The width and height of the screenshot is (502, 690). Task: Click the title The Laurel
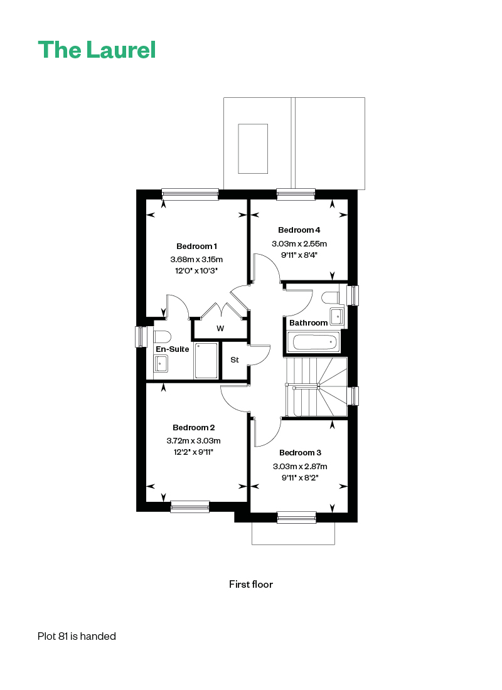97,50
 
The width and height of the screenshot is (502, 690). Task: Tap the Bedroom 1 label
196,247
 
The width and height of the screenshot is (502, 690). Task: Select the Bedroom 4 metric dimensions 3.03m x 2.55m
299,244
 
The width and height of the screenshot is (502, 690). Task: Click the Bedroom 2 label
194,428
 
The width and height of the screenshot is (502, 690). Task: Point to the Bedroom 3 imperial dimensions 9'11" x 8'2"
300,477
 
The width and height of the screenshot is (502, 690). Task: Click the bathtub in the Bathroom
314,342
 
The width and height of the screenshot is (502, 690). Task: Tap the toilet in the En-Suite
162,337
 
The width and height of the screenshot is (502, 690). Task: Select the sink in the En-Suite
161,363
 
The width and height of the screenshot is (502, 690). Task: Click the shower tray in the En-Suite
206,361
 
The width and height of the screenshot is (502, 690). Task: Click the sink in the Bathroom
337,316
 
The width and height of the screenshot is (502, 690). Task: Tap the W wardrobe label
220,328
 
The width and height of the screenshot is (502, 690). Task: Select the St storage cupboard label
235,360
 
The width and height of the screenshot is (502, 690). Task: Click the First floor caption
251,585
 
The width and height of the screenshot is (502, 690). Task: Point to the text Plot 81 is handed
77,636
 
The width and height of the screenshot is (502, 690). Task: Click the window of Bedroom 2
190,506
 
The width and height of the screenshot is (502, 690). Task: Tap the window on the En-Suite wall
141,337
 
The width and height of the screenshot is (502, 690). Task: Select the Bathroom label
308,323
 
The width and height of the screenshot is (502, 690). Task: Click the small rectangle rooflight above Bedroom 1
254,149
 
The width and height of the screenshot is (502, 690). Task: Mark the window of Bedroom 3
297,517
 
